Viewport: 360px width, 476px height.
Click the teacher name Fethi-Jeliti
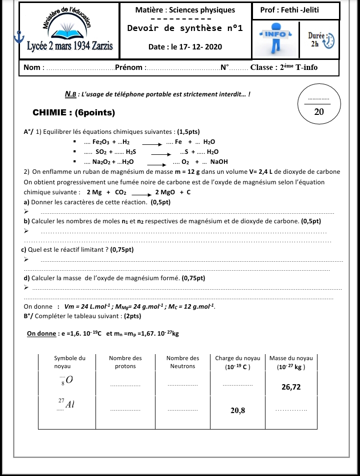click(296, 10)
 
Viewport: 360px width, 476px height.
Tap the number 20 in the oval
click(319, 111)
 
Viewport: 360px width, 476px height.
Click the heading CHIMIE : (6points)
click(73, 113)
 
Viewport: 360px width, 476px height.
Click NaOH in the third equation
click(219, 162)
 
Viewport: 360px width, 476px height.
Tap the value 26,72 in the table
click(291, 387)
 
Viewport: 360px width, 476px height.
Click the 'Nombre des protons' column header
click(125, 362)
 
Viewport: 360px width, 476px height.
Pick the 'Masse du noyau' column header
click(291, 362)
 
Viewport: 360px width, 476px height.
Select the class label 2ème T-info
click(298, 67)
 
